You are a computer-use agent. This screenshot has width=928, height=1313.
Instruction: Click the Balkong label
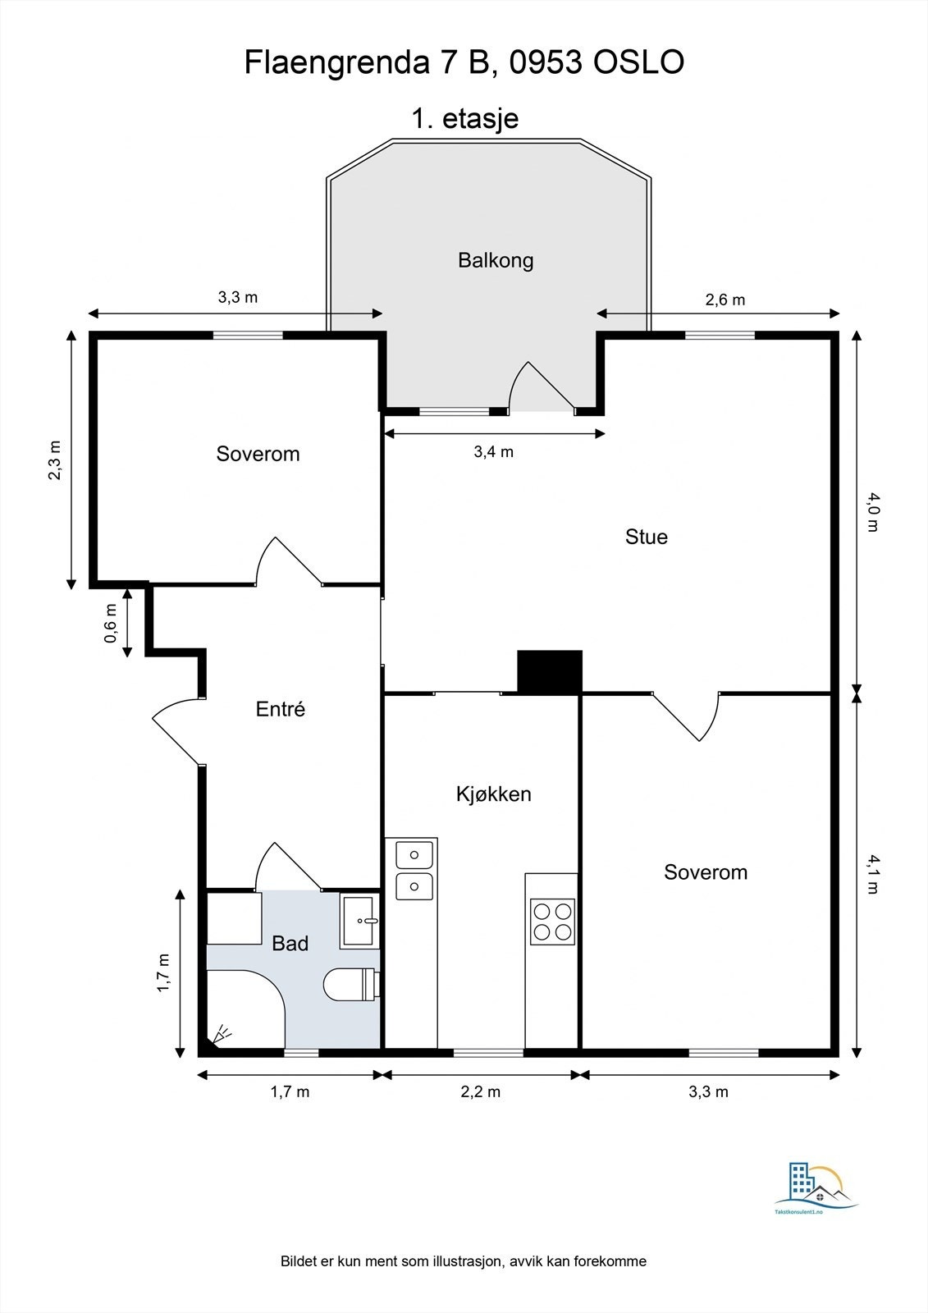(x=496, y=261)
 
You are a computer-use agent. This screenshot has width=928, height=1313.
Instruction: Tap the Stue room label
(x=646, y=537)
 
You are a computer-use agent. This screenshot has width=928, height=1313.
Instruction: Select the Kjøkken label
(x=493, y=794)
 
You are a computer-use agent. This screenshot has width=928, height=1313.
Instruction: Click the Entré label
(x=281, y=709)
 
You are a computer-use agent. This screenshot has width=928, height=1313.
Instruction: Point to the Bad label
(x=290, y=944)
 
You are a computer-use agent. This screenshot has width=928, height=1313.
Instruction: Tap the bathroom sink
(x=360, y=921)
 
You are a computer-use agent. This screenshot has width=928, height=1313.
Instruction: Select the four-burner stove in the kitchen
(x=552, y=922)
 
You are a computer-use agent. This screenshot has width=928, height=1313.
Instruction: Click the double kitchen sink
(x=414, y=870)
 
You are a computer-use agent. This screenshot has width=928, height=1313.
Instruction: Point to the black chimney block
(x=550, y=672)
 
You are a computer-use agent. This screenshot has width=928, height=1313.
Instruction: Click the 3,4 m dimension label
(x=493, y=452)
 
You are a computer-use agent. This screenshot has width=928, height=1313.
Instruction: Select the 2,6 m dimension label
(x=725, y=300)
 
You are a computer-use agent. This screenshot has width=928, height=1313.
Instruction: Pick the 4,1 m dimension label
(x=872, y=874)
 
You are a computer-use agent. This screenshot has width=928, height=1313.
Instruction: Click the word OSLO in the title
(x=638, y=62)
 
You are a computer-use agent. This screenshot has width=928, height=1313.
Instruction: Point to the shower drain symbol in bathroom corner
(x=222, y=1034)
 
